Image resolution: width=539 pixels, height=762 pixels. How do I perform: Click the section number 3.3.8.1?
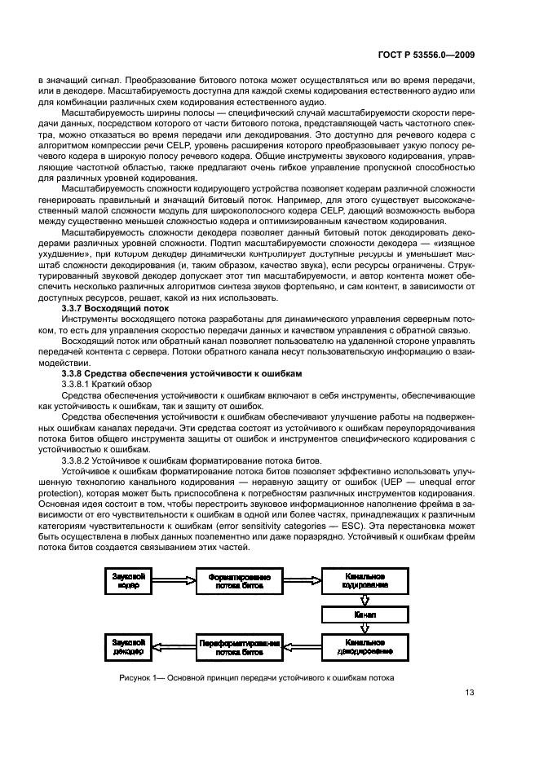[x=79, y=382]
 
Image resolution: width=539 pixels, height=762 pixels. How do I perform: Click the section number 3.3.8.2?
[x=79, y=460]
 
